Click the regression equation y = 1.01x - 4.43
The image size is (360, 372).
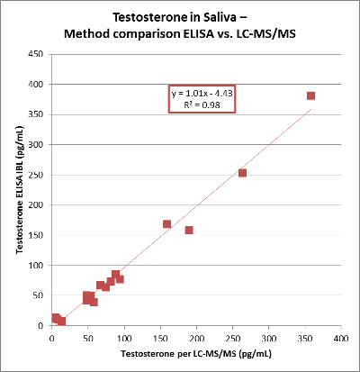(x=202, y=94)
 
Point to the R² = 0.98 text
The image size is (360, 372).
(x=202, y=105)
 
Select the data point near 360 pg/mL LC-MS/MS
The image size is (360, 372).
(x=310, y=95)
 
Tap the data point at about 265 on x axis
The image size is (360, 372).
(x=242, y=173)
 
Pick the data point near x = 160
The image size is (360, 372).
(x=166, y=223)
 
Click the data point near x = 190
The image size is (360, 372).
(x=189, y=230)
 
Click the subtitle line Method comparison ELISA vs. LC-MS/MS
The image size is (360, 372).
(x=180, y=33)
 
